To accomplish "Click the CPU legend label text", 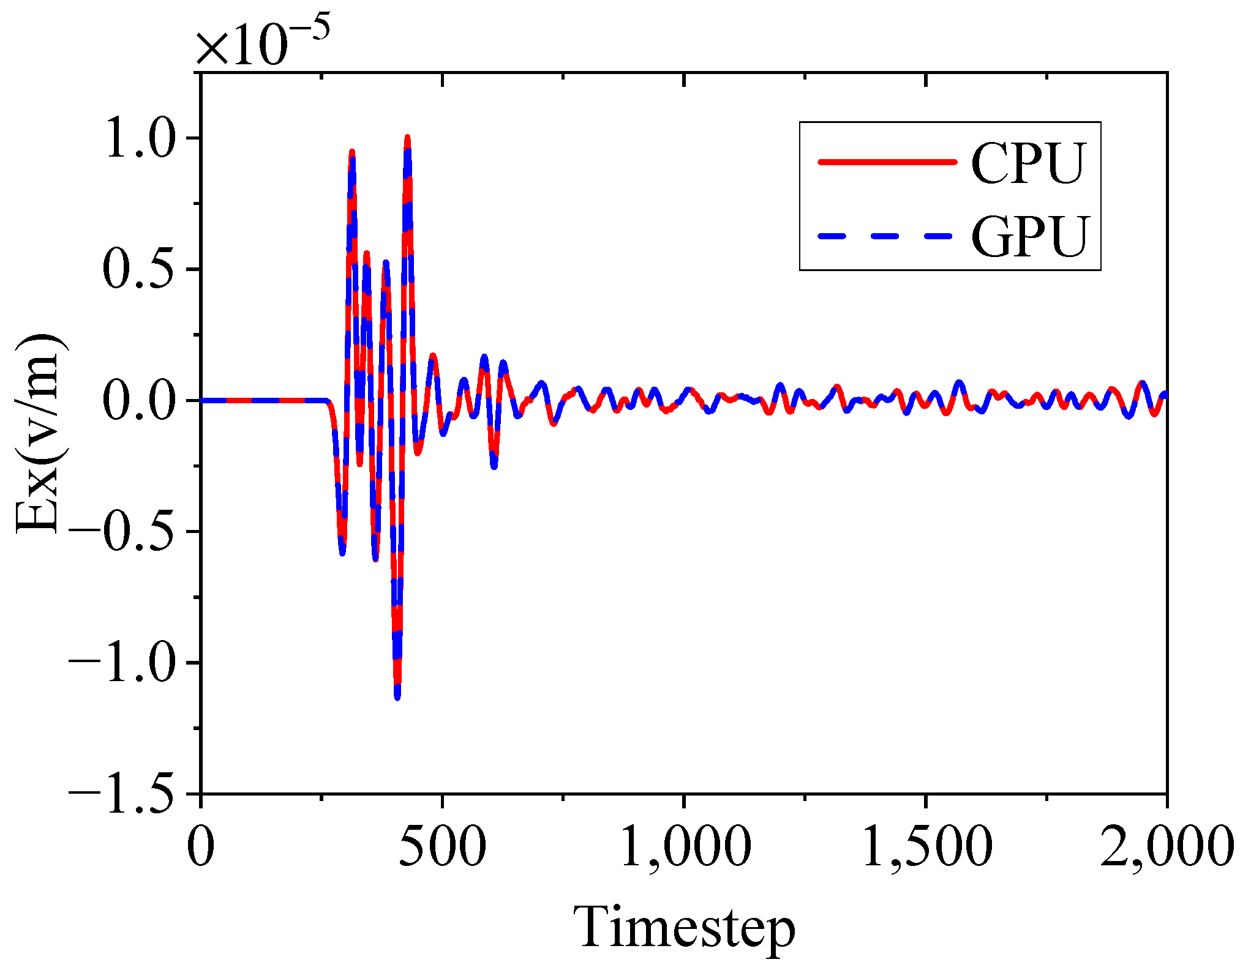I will coord(1029,163).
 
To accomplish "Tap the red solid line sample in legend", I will coord(887,162).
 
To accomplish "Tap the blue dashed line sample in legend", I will coord(887,236).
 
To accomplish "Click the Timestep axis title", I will coord(684,928).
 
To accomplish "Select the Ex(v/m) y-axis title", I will coord(40,433).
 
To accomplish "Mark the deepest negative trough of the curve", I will coord(397,696).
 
